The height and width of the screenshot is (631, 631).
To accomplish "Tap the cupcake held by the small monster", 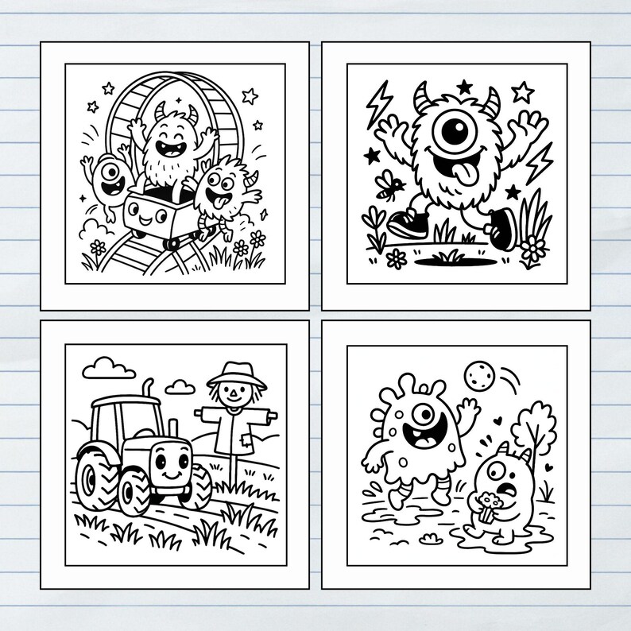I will [x=486, y=505].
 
